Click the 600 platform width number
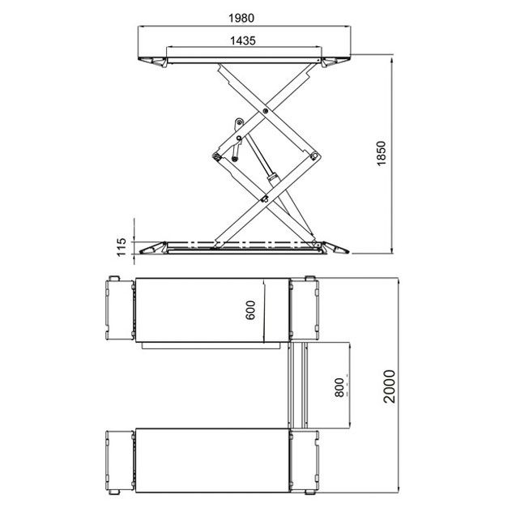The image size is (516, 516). (250, 309)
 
